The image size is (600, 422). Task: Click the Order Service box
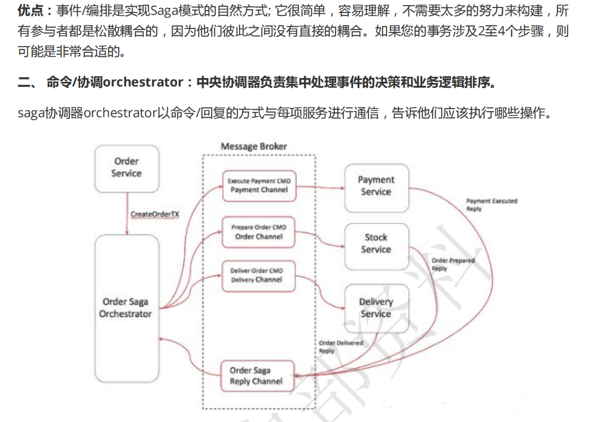click(126, 167)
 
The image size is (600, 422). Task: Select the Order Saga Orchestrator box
click(125, 308)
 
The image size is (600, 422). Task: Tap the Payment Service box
click(376, 186)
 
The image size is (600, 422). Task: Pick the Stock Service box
click(376, 243)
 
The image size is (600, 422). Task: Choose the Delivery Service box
click(376, 308)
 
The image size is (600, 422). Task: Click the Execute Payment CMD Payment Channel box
click(259, 185)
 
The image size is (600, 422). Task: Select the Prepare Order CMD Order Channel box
click(259, 232)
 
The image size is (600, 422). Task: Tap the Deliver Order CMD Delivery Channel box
click(259, 275)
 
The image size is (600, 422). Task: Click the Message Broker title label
click(254, 147)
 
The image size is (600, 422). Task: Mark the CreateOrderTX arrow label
click(155, 214)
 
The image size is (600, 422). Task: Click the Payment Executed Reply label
click(492, 205)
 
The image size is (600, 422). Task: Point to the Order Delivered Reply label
click(341, 347)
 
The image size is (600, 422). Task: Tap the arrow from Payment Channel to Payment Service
click(320, 186)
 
